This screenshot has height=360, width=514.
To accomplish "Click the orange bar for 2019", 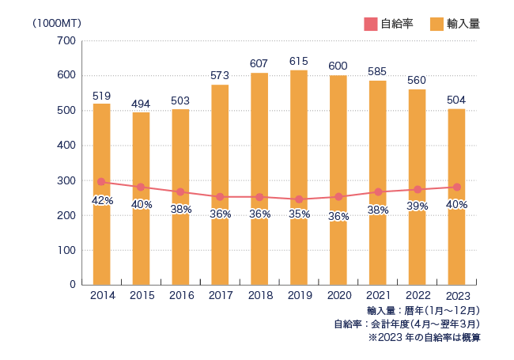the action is (x=299, y=177).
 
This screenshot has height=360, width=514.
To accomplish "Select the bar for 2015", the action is (x=141, y=199).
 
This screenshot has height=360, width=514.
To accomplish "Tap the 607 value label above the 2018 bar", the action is (x=259, y=63).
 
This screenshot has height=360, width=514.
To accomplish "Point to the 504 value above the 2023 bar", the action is (x=456, y=100).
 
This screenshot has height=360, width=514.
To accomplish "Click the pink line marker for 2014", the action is (x=101, y=182).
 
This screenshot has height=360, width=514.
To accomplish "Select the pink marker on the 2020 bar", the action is (x=338, y=197).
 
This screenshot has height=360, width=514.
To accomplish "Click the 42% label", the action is (x=102, y=200).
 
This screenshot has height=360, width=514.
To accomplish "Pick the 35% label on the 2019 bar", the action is (x=299, y=214).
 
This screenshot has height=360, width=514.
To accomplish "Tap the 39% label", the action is (x=418, y=206).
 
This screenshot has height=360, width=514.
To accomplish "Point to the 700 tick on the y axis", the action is (x=66, y=41).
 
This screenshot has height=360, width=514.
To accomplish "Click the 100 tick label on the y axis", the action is (x=66, y=251).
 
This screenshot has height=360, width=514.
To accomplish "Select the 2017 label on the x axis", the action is (x=220, y=295).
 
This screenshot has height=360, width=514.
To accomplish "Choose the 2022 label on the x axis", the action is (x=418, y=295).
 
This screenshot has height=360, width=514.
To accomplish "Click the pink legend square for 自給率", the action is (x=371, y=25).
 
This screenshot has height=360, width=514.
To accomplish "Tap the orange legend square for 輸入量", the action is (x=437, y=25).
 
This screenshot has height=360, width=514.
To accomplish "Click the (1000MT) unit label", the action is (x=57, y=23).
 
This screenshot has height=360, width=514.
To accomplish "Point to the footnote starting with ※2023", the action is (x=424, y=337).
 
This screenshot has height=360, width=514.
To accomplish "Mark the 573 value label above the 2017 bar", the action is (x=220, y=75).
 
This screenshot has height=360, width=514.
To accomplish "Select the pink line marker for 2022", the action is (x=418, y=190).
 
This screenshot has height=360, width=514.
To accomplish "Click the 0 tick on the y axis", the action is (x=73, y=285).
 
